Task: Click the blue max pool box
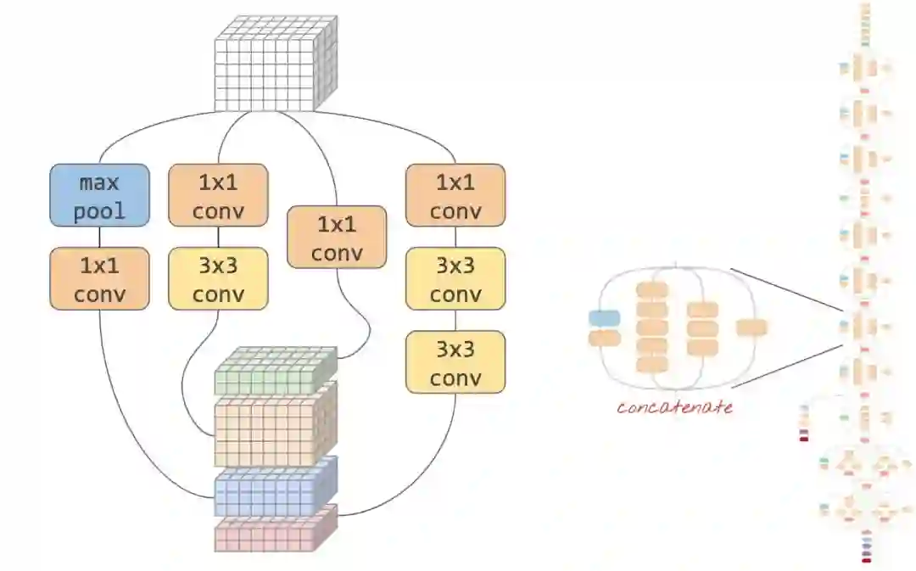point(99,195)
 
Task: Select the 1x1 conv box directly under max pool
point(99,279)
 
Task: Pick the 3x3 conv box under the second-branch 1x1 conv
point(218,279)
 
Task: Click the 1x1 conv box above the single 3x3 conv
point(218,195)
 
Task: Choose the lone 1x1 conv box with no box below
point(337,238)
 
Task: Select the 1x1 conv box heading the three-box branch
point(455,195)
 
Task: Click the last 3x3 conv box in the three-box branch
point(455,362)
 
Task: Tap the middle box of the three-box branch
point(455,279)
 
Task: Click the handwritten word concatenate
point(674,407)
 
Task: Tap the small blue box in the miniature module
point(604,318)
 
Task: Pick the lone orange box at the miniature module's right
point(751,327)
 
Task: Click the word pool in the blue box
point(99,210)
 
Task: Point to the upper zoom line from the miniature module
point(785,289)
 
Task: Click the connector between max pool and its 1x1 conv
point(99,237)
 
